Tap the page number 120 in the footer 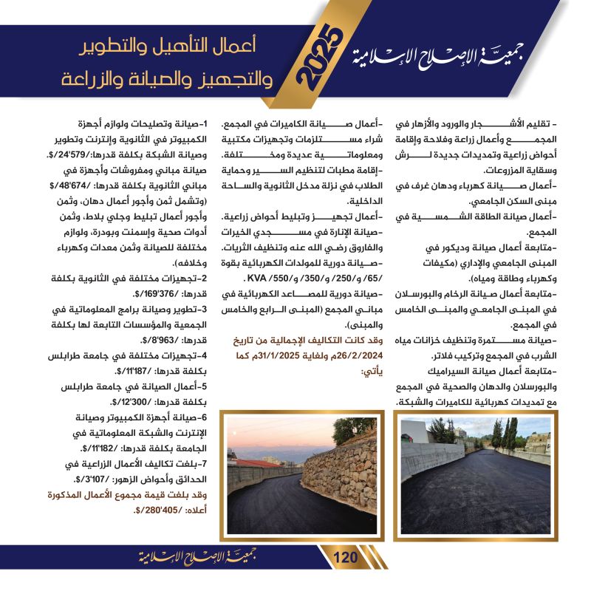click(x=345, y=556)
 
